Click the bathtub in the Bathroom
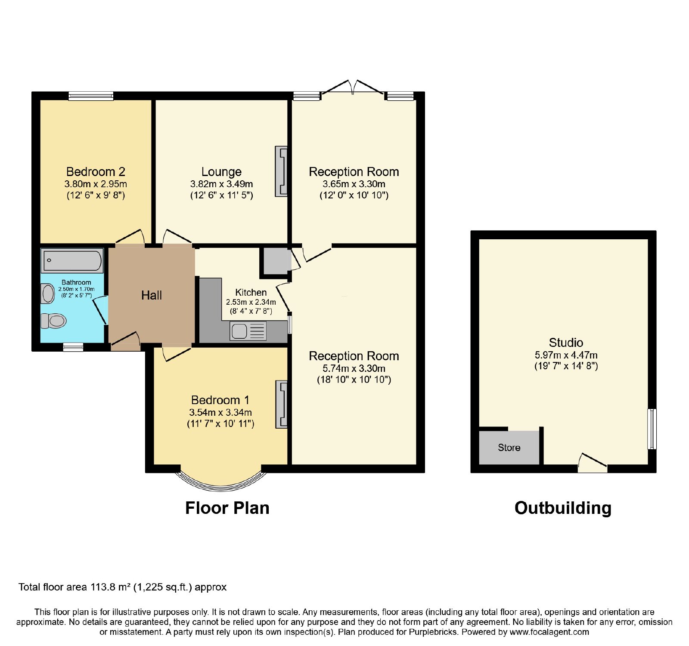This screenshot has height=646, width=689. pyautogui.click(x=72, y=260)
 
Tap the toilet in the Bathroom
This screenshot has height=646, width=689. pyautogui.click(x=53, y=321)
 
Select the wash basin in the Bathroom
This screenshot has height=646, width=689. pyautogui.click(x=47, y=294)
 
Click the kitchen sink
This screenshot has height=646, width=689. pyautogui.click(x=248, y=331)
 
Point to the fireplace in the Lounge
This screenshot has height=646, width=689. pyautogui.click(x=281, y=172)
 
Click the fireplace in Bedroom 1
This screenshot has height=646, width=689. pyautogui.click(x=281, y=405)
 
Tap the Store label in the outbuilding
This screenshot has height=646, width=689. pyautogui.click(x=509, y=448)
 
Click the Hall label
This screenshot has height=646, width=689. pyautogui.click(x=152, y=295)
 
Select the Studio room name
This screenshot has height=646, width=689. pyautogui.click(x=566, y=343)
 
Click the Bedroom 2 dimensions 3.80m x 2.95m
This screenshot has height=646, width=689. pyautogui.click(x=96, y=184)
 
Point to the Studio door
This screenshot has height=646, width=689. pyautogui.click(x=593, y=463)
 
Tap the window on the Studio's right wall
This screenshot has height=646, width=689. pyautogui.click(x=652, y=429)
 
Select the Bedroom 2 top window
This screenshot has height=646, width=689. pyautogui.click(x=91, y=96)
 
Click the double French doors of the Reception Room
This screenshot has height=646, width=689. pyautogui.click(x=353, y=87)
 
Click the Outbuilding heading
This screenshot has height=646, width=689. pyautogui.click(x=563, y=508)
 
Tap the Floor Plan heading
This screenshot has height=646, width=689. pyautogui.click(x=227, y=508)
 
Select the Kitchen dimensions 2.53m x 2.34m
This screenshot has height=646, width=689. pyautogui.click(x=251, y=302)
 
